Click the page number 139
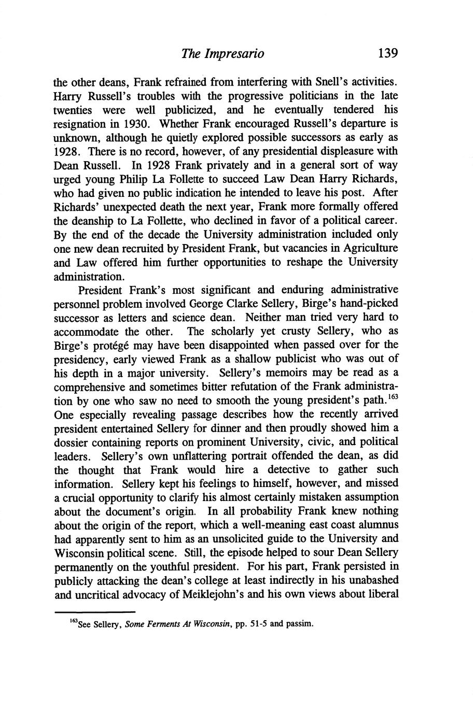(387, 53)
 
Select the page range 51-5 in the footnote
(256, 623)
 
